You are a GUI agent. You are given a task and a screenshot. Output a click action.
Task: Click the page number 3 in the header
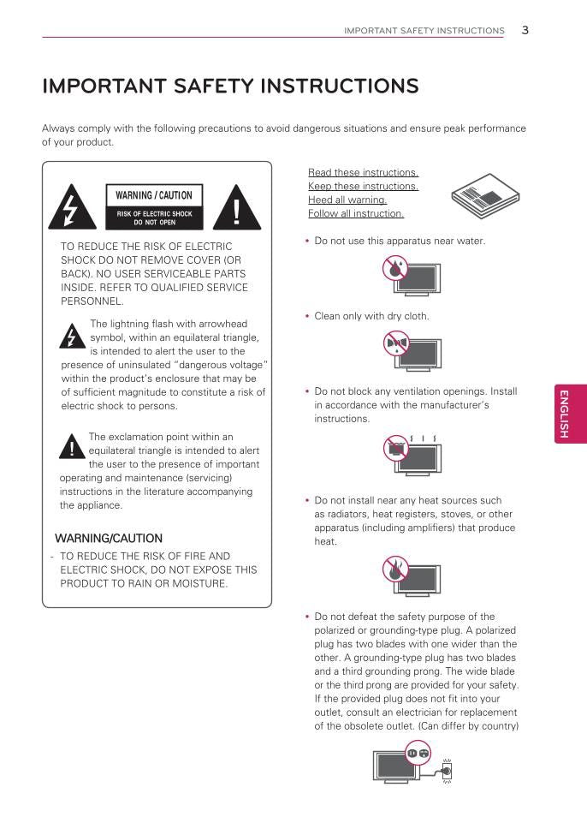click(525, 30)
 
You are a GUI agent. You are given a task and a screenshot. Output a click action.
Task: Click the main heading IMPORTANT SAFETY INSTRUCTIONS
click(230, 86)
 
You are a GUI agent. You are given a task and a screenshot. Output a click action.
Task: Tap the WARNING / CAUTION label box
click(154, 195)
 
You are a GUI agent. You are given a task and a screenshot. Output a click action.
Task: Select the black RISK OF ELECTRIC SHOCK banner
click(154, 218)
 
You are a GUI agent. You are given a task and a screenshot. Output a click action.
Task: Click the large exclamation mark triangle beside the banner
click(236, 208)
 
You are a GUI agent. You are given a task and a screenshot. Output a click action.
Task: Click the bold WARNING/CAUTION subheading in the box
click(109, 539)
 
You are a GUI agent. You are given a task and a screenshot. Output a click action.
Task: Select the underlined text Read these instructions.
click(363, 172)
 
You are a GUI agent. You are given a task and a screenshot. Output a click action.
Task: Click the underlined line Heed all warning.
click(347, 200)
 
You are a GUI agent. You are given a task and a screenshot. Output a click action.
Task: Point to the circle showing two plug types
click(418, 753)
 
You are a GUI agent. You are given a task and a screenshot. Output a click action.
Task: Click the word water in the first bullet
click(471, 241)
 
